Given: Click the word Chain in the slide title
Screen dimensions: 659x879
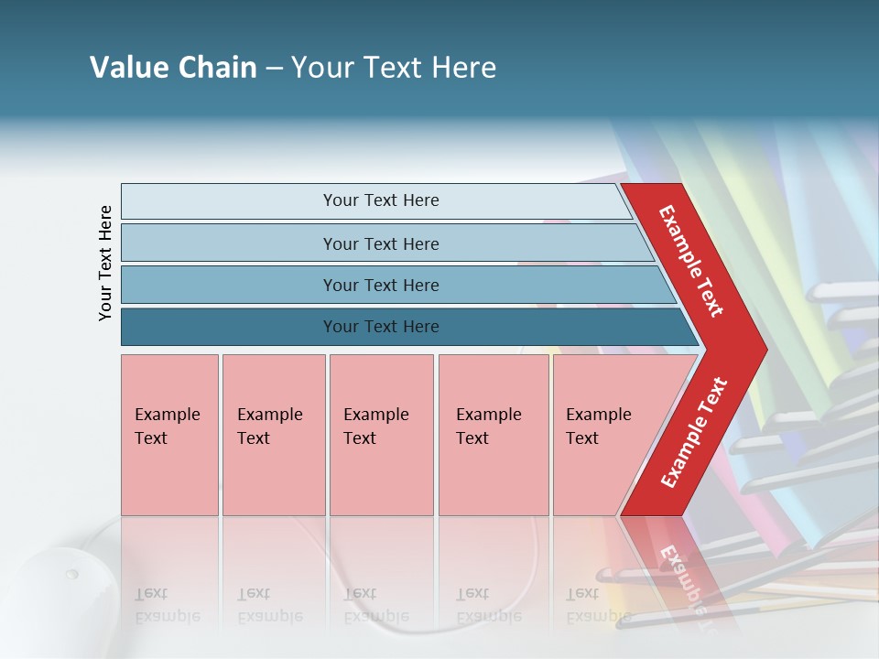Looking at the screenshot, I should point(215,68).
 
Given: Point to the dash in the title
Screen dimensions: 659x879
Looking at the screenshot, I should point(274,69).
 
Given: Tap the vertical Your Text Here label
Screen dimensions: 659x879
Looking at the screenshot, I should point(105,263).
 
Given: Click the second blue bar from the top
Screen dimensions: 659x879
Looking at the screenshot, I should point(380,243).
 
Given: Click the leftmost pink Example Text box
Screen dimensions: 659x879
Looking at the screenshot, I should point(169,435).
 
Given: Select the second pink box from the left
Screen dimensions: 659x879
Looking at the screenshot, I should point(274,435).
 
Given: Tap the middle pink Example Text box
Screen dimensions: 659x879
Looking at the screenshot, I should point(381,435).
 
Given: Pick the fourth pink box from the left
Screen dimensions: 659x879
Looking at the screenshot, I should point(494,435).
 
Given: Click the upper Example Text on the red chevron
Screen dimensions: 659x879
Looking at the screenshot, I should point(691,261).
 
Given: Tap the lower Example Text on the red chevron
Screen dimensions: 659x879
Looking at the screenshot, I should point(693,433).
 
